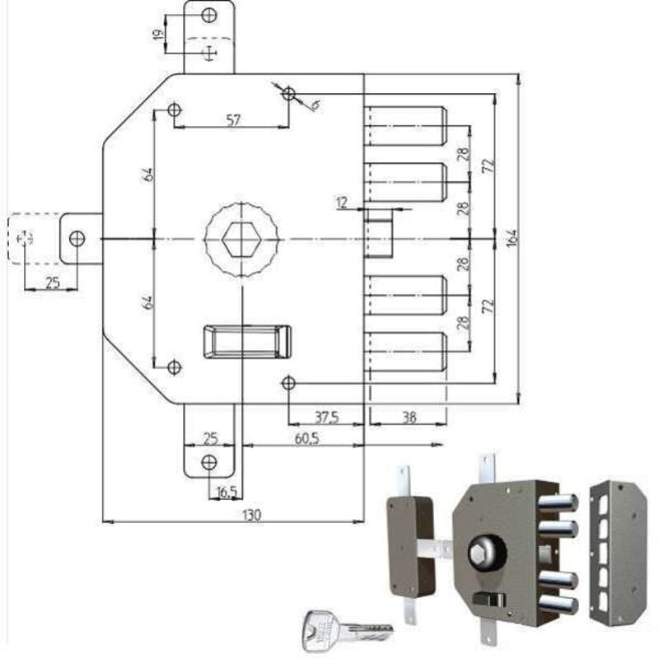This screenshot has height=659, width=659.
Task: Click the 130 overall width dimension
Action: pyautogui.click(x=252, y=515)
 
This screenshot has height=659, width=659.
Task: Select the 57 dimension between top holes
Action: pyautogui.click(x=233, y=120)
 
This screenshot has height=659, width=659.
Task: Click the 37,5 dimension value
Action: pyautogui.click(x=326, y=418)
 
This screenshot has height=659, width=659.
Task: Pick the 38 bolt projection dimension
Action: pyautogui.click(x=408, y=418)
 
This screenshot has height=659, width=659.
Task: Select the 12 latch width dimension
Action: pyautogui.click(x=343, y=201)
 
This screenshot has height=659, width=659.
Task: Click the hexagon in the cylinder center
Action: pyautogui.click(x=242, y=239)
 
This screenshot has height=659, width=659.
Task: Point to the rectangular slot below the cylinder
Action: pyautogui.click(x=247, y=341)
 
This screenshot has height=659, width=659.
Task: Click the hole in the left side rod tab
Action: pyautogui.click(x=77, y=239)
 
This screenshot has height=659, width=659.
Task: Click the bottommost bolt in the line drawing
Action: pyautogui.click(x=407, y=350)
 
